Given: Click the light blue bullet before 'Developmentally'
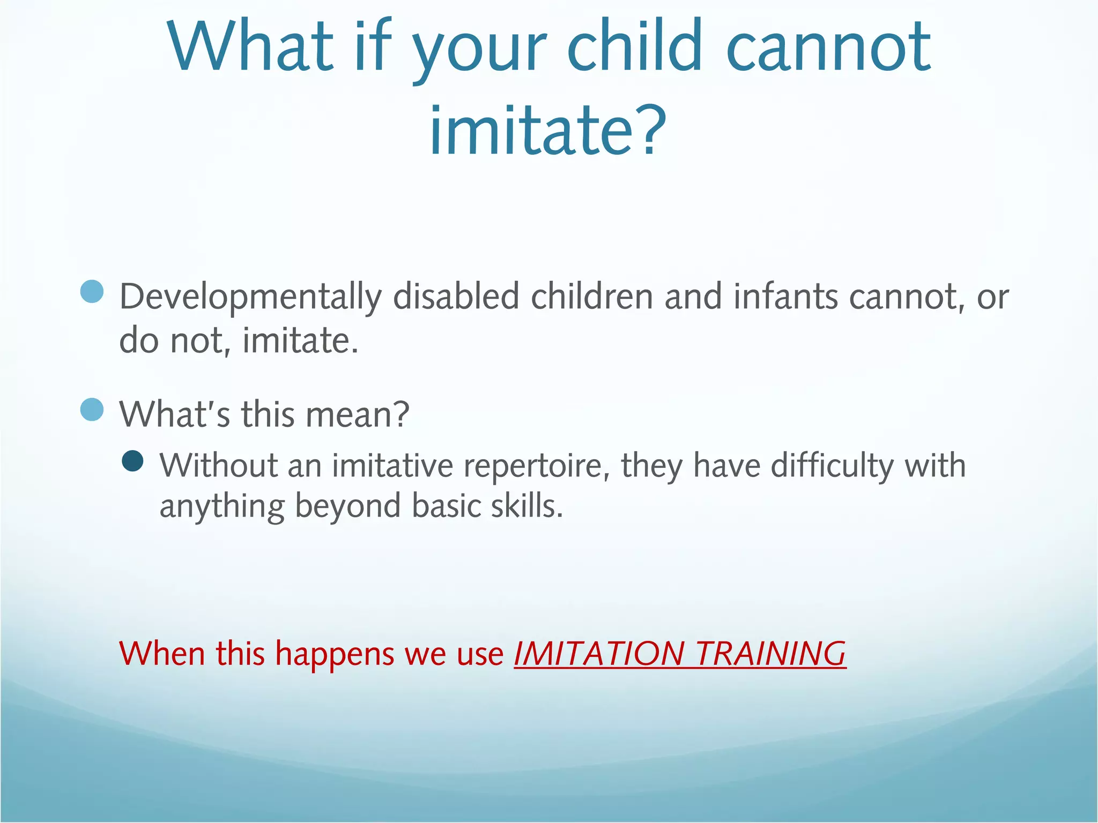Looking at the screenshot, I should (92, 291).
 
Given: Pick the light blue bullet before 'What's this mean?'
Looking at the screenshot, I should (92, 410).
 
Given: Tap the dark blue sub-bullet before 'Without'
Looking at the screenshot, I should (132, 461).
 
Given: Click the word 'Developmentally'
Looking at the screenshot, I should (250, 297).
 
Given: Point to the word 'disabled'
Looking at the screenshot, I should (456, 296).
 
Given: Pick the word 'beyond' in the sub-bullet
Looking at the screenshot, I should (348, 507).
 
